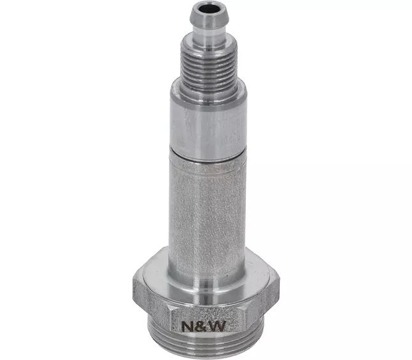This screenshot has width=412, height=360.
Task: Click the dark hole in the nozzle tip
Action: [x=210, y=8]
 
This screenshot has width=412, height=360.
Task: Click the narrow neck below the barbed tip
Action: [x=210, y=36]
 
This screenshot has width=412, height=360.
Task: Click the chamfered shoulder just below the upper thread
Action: [x=208, y=94]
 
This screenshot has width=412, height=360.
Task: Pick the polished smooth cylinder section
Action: [x=208, y=129]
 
